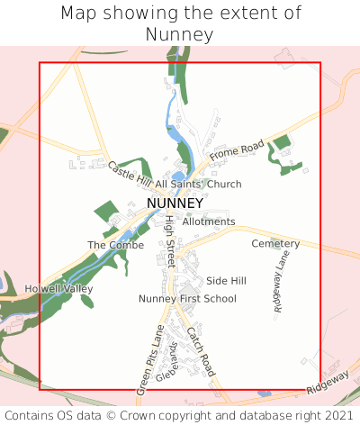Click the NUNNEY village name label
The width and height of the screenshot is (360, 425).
(175, 203)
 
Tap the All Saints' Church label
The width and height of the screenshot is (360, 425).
(198, 185)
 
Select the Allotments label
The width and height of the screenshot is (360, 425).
(209, 222)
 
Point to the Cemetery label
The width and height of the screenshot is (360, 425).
(275, 244)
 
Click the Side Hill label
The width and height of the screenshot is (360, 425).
(226, 281)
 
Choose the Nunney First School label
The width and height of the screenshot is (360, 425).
(187, 299)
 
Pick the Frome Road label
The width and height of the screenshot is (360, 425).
(237, 151)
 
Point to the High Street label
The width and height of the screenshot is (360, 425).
(168, 241)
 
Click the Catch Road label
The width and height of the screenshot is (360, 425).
(202, 352)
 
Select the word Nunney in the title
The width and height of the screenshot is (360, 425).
(180, 35)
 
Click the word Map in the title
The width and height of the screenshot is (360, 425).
(78, 14)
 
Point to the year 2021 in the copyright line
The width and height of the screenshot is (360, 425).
(337, 416)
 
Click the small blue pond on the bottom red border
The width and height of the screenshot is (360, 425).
(263, 393)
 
